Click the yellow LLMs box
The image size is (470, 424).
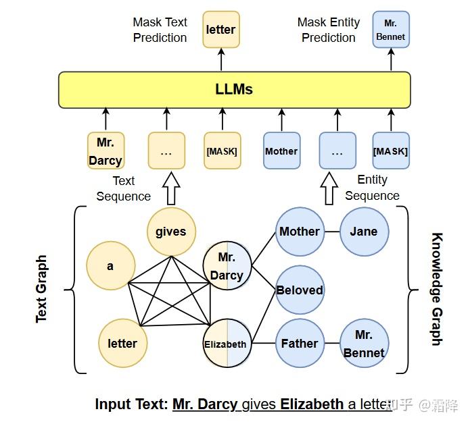pyautogui.click(x=234, y=90)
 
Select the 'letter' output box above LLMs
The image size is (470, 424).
pyautogui.click(x=220, y=30)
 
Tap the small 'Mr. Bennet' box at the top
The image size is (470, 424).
pyautogui.click(x=391, y=29)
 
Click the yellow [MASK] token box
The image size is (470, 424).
pyautogui.click(x=222, y=151)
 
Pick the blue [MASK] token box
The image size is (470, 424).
pyautogui.click(x=391, y=151)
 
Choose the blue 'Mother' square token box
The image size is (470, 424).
pyautogui.click(x=281, y=151)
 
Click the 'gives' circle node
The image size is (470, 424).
pyautogui.click(x=170, y=232)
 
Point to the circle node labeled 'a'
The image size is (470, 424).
pyautogui.click(x=110, y=266)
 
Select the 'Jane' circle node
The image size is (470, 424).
pyautogui.click(x=364, y=232)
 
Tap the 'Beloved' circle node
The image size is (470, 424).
pyautogui.click(x=300, y=290)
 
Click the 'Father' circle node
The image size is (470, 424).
pyautogui.click(x=300, y=344)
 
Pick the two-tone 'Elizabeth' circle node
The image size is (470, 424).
pyautogui.click(x=227, y=344)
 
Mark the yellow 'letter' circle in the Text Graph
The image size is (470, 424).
pyautogui.click(x=122, y=344)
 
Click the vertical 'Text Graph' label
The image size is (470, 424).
pyautogui.click(x=42, y=289)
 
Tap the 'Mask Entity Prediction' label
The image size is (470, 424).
pyautogui.click(x=328, y=30)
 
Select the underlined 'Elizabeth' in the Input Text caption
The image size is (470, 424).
pyautogui.click(x=312, y=404)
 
